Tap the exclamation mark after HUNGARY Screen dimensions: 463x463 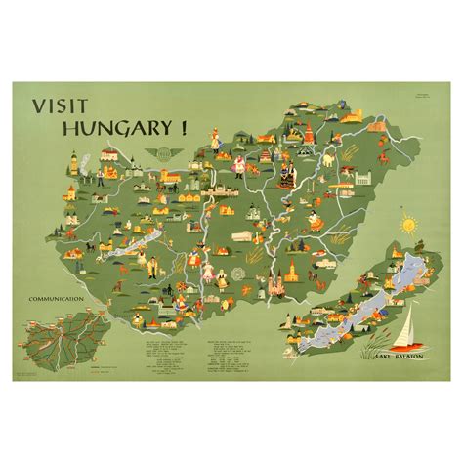(181, 125)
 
